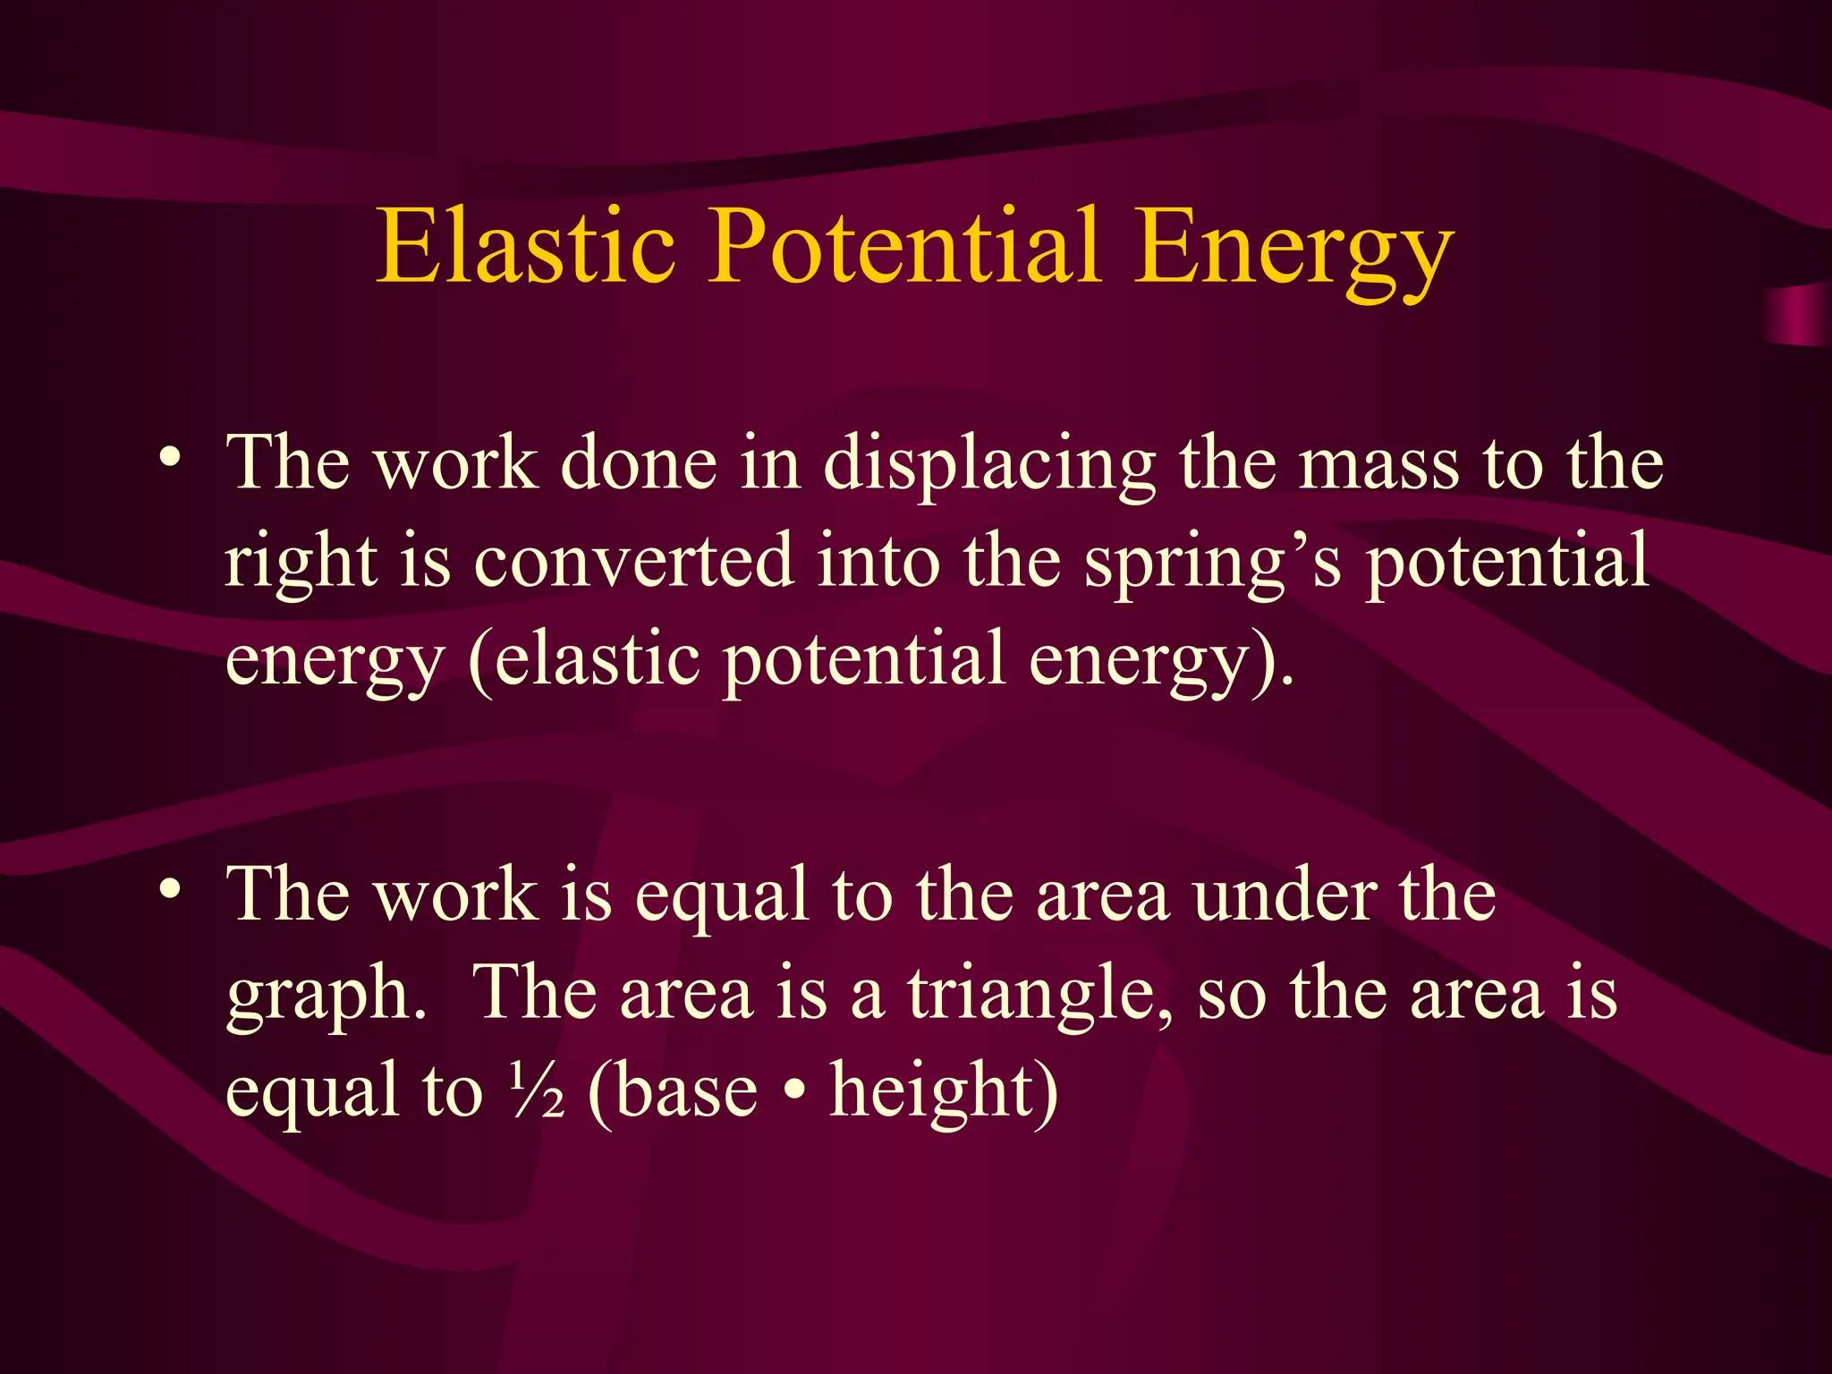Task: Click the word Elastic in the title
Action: pyautogui.click(x=526, y=246)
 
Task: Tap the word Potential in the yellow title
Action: pyautogui.click(x=904, y=246)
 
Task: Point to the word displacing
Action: pyautogui.click(x=989, y=468)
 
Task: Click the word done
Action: pyautogui.click(x=639, y=465)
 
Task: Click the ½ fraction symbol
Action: pyautogui.click(x=538, y=1090)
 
